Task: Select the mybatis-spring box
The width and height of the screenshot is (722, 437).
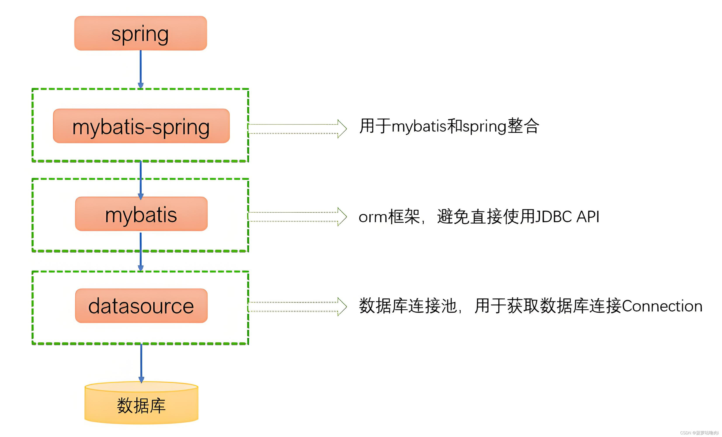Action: [x=141, y=126]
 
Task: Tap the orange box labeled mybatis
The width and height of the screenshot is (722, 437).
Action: [x=141, y=214]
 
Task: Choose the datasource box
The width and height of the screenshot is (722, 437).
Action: [x=141, y=306]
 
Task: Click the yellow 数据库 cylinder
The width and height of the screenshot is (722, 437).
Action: [x=141, y=404]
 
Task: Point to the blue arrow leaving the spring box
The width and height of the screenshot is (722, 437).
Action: [x=141, y=69]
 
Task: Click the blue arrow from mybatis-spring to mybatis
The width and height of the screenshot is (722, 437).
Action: [x=141, y=179]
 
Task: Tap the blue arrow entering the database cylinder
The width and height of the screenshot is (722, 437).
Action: [x=141, y=363]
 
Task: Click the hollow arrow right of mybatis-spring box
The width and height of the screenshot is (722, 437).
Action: [x=297, y=129]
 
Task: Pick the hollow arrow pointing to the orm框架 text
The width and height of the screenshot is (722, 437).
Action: [x=297, y=217]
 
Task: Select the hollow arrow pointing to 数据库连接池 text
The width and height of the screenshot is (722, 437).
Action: [x=297, y=307]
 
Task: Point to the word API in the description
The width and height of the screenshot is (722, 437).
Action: [x=588, y=217]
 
